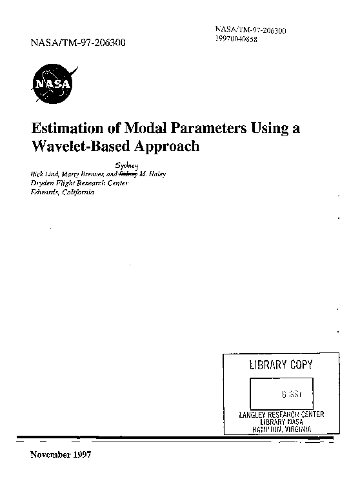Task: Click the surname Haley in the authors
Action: [158, 174]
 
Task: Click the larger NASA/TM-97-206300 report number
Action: [78, 45]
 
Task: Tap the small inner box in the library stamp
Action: [281, 392]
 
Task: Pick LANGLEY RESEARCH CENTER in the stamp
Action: [281, 414]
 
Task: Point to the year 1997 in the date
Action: [81, 454]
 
